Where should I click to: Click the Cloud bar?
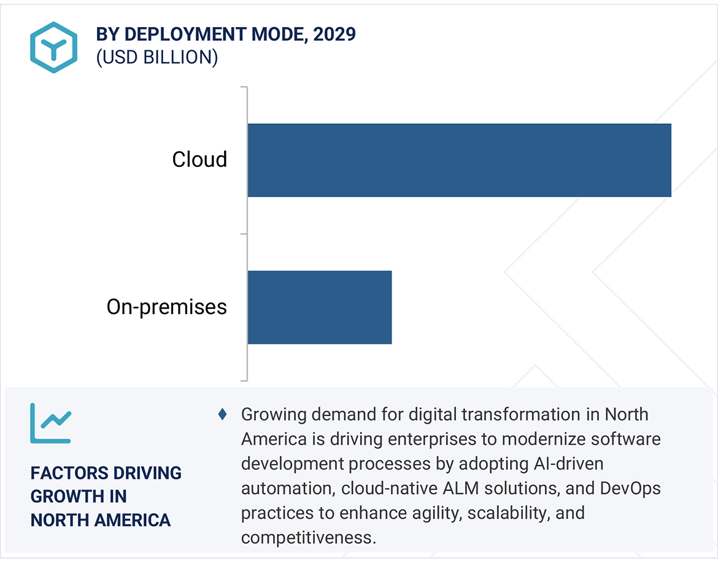click(459, 160)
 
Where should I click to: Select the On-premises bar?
click(319, 307)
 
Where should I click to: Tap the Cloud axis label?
click(199, 160)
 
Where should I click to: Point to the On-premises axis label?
click(167, 307)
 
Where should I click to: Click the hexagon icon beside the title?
click(53, 47)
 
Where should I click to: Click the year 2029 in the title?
click(334, 34)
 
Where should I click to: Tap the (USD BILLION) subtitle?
click(157, 57)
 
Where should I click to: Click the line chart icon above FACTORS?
click(51, 423)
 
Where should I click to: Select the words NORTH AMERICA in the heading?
click(101, 521)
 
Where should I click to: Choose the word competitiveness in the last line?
click(306, 538)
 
